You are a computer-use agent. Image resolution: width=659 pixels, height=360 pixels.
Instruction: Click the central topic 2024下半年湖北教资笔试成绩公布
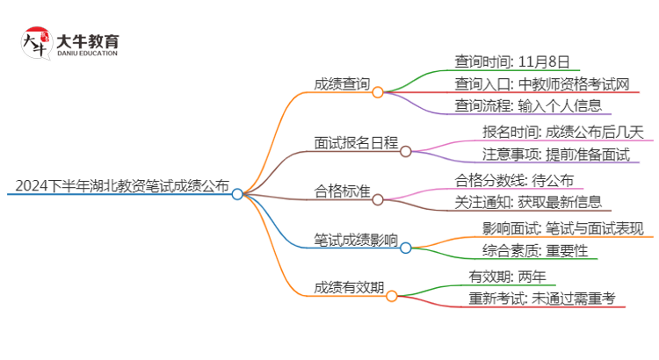click(121, 187)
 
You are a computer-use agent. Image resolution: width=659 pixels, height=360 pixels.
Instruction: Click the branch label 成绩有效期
click(348, 287)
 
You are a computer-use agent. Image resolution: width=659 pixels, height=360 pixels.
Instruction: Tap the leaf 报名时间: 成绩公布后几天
click(563, 133)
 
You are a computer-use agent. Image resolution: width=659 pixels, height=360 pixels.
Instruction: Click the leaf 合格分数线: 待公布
click(514, 180)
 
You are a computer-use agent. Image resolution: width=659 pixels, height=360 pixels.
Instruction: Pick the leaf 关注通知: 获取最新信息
click(528, 203)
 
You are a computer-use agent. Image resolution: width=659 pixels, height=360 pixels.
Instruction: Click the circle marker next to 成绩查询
click(378, 91)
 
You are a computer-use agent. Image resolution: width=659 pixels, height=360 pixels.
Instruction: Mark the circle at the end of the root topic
click(237, 194)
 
